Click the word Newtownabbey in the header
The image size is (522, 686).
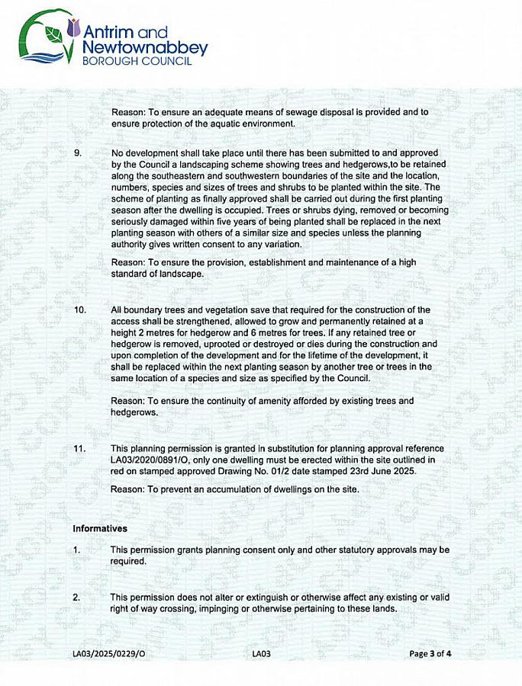coord(144,48)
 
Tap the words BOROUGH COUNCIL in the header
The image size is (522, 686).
coord(137,62)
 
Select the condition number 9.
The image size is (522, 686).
coord(78,152)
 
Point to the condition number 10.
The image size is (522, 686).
coord(80,310)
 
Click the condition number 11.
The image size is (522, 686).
coord(80,448)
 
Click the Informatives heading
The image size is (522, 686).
coord(100,527)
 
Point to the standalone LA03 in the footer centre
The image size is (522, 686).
coord(261,653)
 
